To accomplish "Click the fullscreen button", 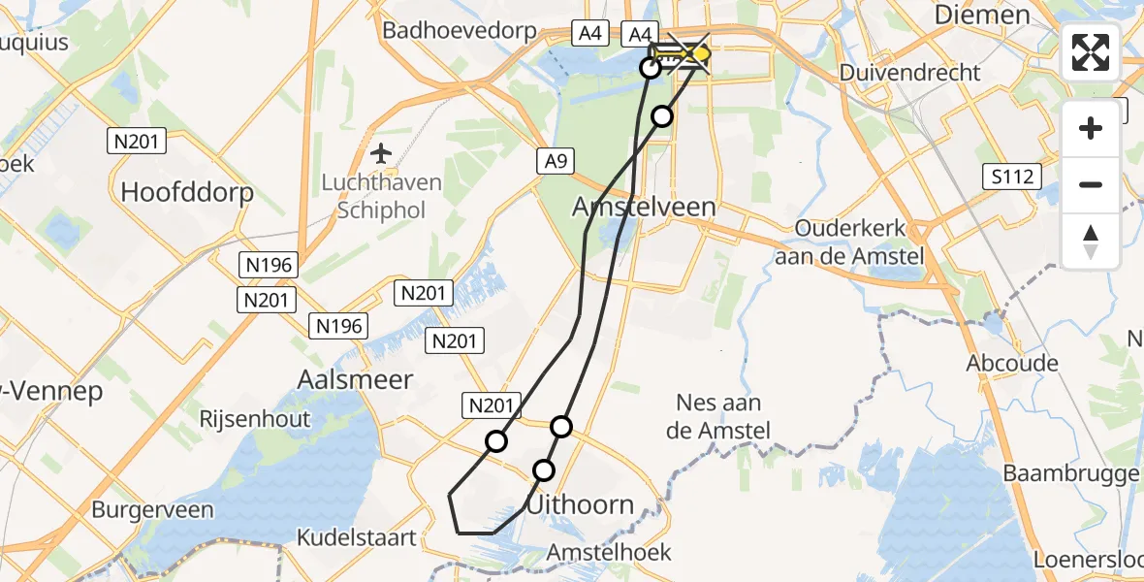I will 1091,52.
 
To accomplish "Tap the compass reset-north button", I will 1091,242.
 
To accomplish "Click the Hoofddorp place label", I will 187,192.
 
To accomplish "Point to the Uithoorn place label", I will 581,504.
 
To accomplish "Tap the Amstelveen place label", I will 644,207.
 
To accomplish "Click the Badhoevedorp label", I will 460,30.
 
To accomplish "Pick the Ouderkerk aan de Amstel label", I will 850,243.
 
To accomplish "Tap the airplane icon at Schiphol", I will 382,153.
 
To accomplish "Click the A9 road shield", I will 556,162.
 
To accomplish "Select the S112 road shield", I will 1011,177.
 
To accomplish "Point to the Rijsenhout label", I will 255,419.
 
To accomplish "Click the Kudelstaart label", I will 357,537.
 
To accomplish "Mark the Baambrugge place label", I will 1070,473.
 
